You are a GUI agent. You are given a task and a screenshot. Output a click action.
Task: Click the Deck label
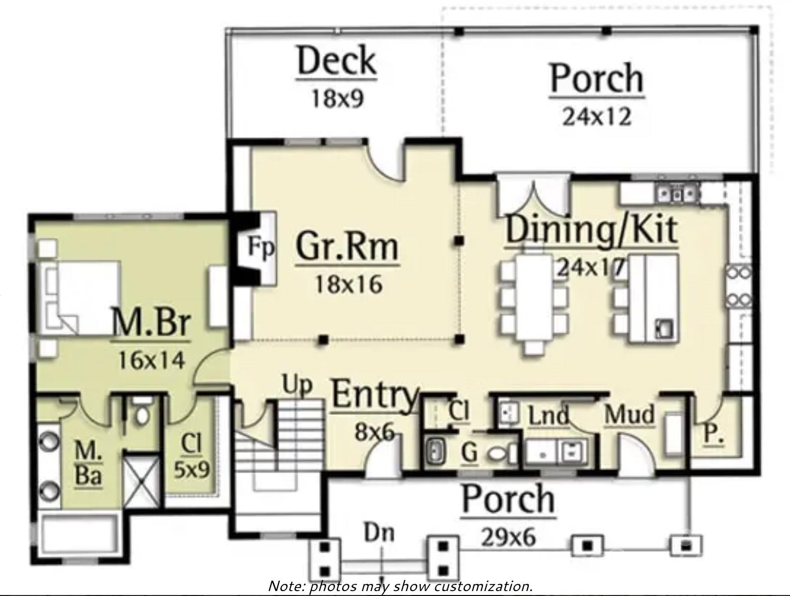click(337, 61)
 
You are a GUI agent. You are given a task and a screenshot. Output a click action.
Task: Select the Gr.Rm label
click(347, 247)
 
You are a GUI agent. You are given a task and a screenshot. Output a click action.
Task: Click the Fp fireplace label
click(261, 247)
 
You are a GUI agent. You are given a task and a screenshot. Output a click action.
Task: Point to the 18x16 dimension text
click(348, 285)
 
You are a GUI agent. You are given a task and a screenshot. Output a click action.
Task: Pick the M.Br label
click(151, 323)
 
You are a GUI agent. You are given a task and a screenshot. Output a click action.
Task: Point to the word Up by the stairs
click(297, 385)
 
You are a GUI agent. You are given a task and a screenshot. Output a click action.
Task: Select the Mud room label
click(629, 414)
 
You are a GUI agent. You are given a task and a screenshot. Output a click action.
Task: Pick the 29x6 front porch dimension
click(508, 537)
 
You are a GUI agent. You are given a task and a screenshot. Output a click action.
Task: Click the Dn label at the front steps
click(379, 532)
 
